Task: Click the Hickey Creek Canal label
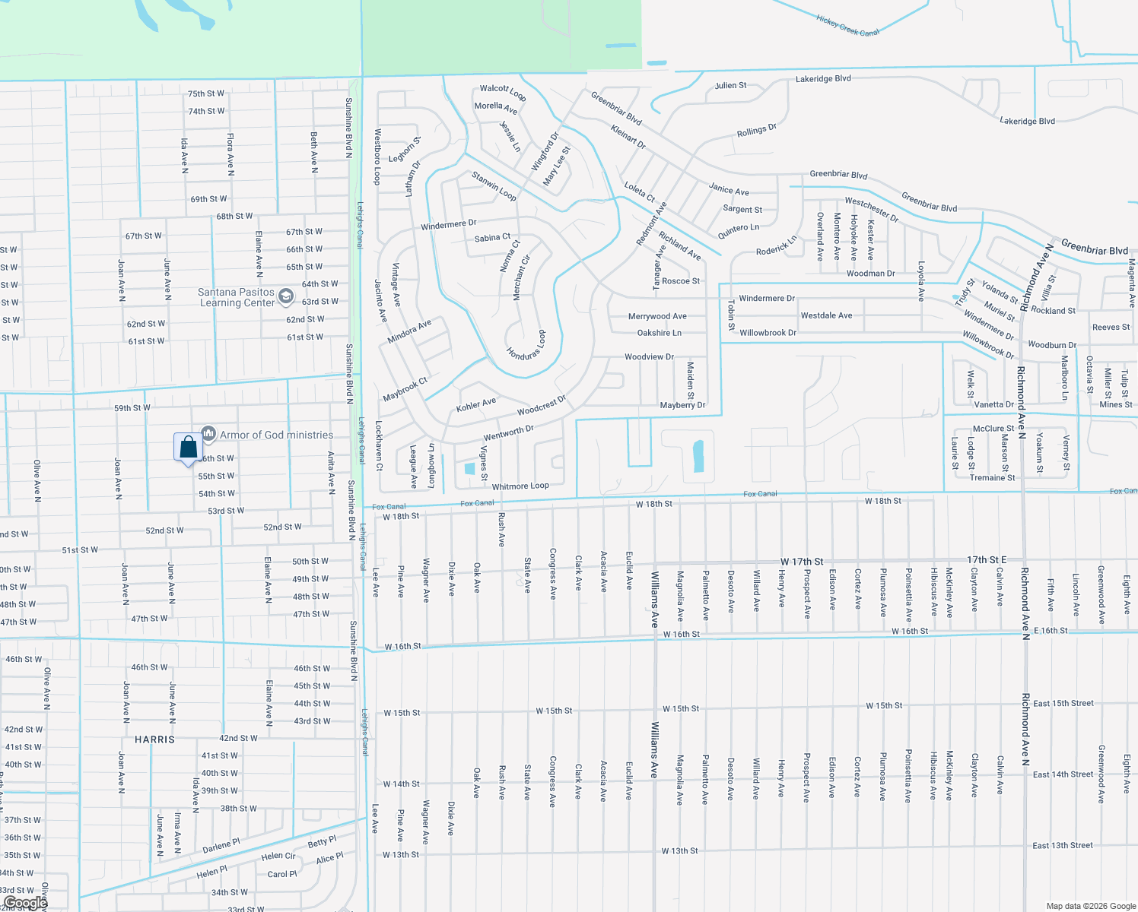pos(847,26)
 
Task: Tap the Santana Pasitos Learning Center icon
pos(286,296)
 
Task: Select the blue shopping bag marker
pos(188,448)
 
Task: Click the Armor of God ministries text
pos(276,435)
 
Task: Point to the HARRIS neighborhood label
pos(154,739)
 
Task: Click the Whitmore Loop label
pos(520,486)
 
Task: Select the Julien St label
pos(730,86)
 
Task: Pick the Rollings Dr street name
pos(757,131)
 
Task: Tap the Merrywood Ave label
pos(657,316)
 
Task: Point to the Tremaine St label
pos(992,478)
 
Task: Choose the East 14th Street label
pos(1063,774)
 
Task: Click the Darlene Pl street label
pos(221,846)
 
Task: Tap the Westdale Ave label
pos(826,315)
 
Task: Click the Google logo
pos(25,903)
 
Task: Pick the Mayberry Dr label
pos(682,405)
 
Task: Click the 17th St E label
pos(987,560)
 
